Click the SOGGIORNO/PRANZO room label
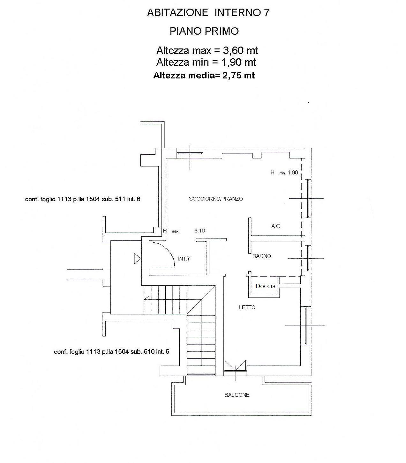click(216, 199)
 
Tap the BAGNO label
click(261, 256)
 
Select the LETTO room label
click(247, 308)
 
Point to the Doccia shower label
click(265, 286)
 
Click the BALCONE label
click(237, 395)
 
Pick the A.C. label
click(276, 226)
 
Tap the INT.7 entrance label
click(184, 259)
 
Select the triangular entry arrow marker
click(137, 259)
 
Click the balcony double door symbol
click(235, 368)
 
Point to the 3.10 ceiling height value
click(199, 231)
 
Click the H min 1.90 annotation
click(284, 173)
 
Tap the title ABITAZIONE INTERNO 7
click(208, 12)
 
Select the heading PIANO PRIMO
click(204, 31)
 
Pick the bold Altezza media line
click(204, 76)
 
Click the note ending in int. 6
click(83, 199)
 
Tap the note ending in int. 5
click(112, 352)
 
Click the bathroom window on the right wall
click(308, 258)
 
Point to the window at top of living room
click(190, 153)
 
